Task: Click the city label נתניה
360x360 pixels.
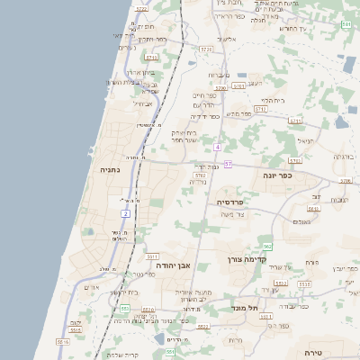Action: pos(109,169)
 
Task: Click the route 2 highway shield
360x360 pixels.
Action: pos(126,213)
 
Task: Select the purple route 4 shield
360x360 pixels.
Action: pos(218,146)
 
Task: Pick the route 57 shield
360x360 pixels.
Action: pos(229,165)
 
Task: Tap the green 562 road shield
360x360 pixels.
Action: pos(267,246)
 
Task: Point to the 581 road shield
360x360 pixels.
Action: pos(346,25)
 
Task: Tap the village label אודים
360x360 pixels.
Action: pos(91,286)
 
